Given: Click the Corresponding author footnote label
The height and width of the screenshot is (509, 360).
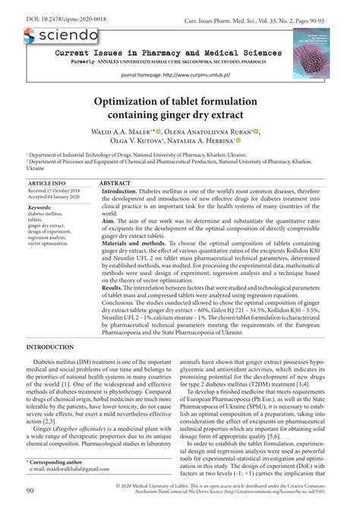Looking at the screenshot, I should [57, 461].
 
